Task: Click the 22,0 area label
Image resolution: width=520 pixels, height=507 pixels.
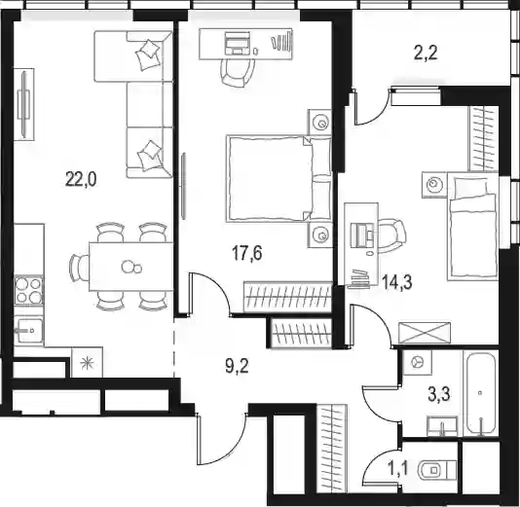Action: (81, 180)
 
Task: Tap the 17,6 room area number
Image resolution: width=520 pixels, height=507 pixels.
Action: (247, 253)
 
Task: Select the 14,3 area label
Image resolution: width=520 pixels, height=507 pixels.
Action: (397, 282)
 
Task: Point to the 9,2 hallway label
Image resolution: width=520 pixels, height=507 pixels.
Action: (237, 367)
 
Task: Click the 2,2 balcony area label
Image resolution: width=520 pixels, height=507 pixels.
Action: (427, 53)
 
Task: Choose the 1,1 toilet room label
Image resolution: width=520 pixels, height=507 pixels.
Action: (398, 468)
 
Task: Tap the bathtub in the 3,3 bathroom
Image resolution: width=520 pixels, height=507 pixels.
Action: (480, 393)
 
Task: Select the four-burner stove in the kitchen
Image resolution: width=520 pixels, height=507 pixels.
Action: (29, 291)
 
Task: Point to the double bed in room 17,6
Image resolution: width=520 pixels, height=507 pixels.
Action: (279, 178)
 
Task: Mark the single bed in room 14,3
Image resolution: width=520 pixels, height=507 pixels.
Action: (472, 226)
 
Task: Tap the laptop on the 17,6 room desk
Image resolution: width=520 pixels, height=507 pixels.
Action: (238, 43)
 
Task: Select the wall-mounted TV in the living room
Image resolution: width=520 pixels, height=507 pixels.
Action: (24, 104)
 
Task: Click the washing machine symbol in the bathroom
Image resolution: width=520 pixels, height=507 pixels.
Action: (417, 362)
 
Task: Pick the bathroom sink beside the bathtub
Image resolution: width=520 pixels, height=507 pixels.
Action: (442, 426)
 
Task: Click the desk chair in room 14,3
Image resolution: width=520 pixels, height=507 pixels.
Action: (393, 235)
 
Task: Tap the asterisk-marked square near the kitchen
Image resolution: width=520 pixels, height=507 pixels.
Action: (88, 363)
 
